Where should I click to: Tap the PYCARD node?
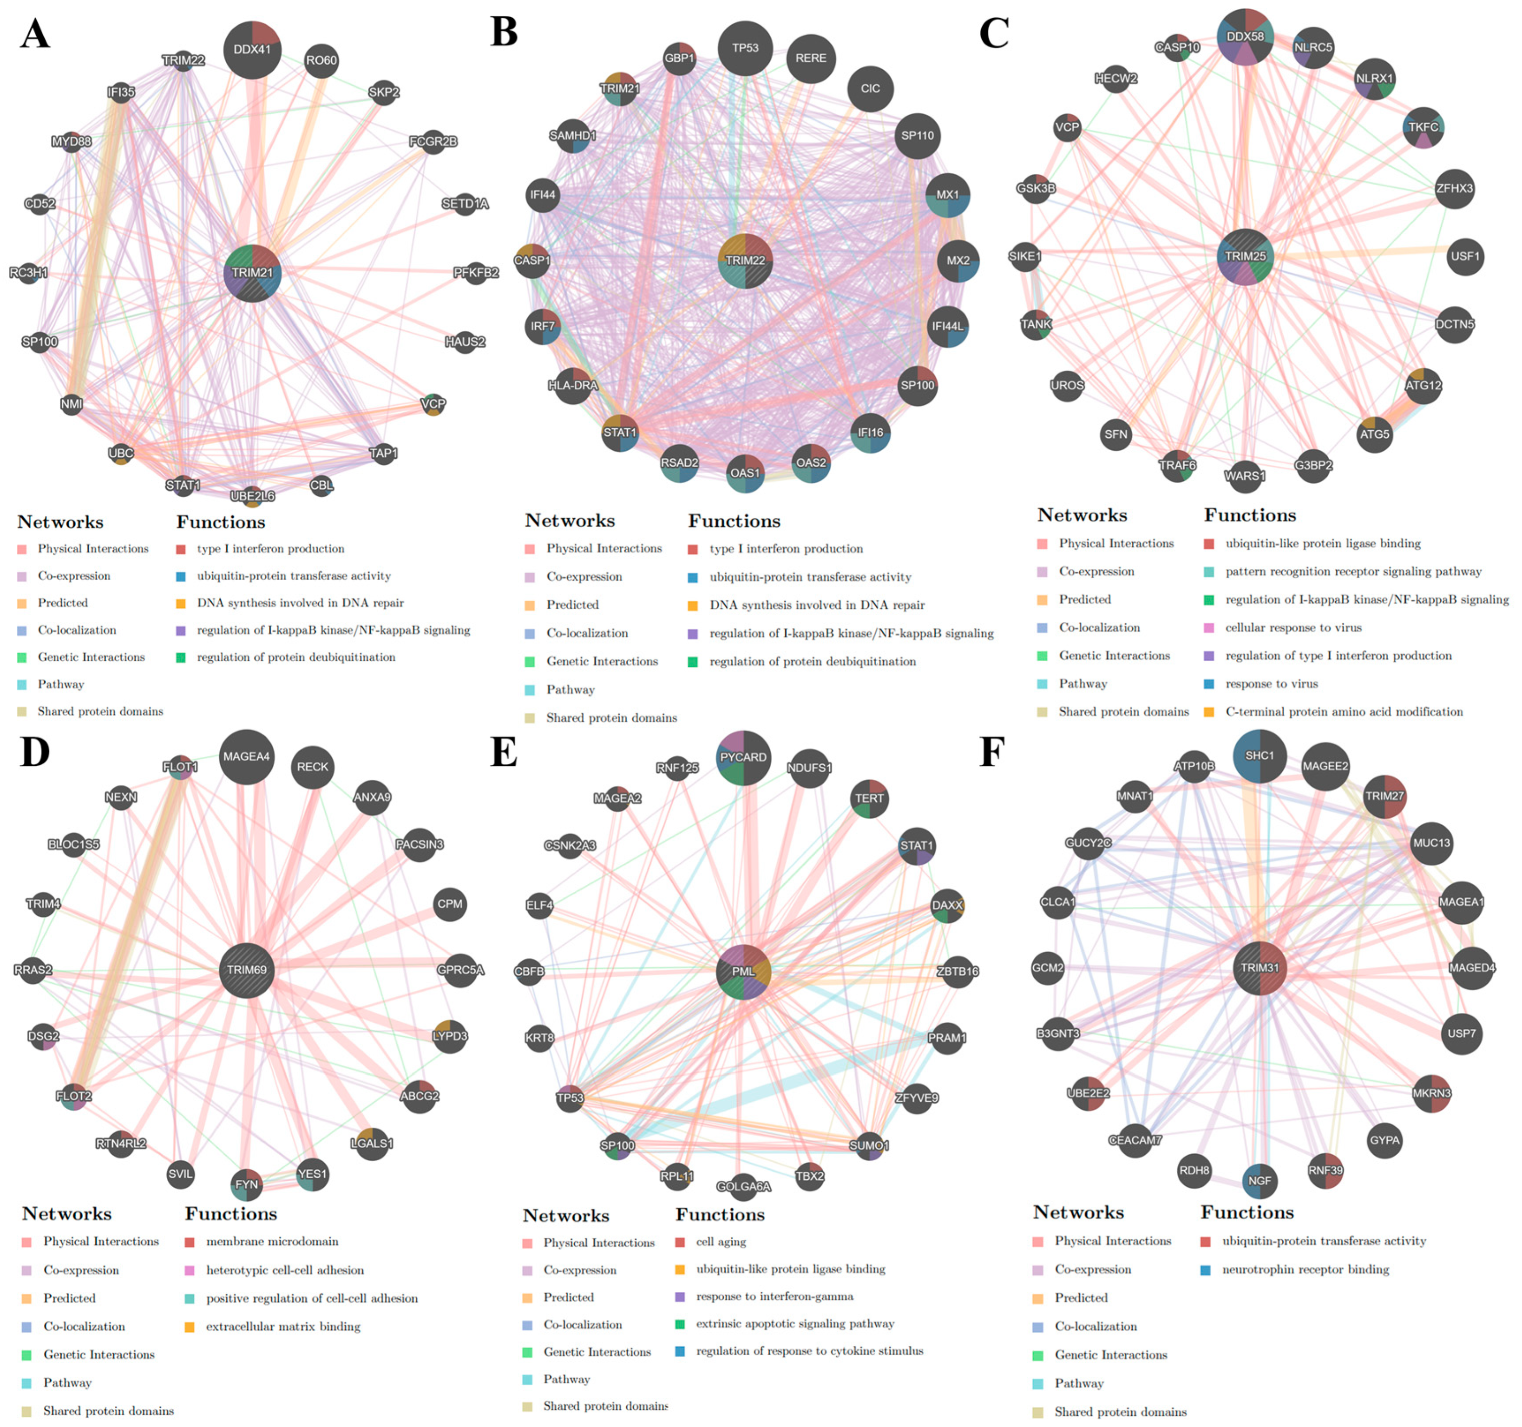point(743,757)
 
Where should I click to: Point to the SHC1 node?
point(1260,756)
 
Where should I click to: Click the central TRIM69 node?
point(247,970)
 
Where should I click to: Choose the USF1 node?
point(1464,256)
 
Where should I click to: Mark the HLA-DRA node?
point(573,386)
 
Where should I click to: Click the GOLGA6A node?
point(743,1187)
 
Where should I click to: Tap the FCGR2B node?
point(433,142)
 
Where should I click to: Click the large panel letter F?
point(992,753)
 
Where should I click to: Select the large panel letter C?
point(994,33)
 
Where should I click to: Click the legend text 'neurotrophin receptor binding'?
point(1306,1269)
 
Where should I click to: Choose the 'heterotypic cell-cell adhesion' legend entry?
point(285,1270)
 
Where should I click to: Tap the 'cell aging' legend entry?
point(721,1242)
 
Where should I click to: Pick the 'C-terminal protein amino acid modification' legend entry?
point(1344,712)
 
